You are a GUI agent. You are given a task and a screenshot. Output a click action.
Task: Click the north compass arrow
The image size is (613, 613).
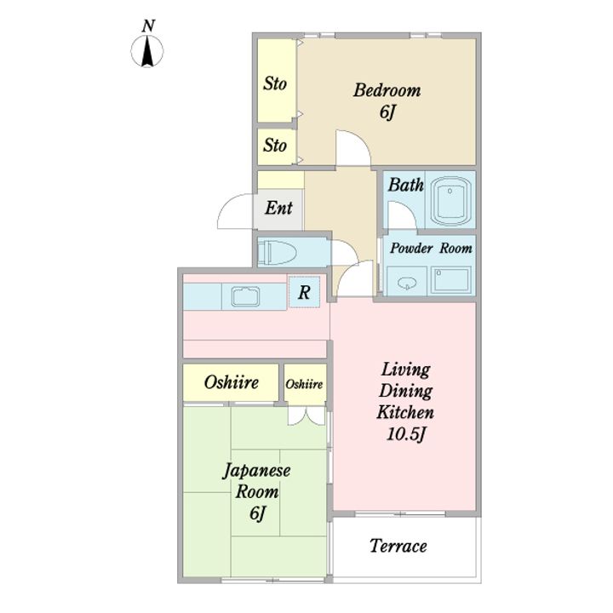147,51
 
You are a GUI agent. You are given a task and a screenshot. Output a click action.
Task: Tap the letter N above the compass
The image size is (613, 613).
148,26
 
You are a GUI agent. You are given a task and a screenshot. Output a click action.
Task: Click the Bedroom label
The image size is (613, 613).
387,90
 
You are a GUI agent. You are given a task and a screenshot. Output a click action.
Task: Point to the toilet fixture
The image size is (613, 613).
277,252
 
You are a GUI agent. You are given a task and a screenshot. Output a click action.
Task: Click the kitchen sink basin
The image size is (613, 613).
245,297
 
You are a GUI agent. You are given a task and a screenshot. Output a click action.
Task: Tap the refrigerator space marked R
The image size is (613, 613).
304,292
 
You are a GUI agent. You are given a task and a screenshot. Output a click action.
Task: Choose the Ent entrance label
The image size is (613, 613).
278,208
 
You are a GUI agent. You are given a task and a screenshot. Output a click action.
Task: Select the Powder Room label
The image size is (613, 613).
431,249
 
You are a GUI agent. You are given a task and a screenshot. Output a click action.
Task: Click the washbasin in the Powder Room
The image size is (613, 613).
407,283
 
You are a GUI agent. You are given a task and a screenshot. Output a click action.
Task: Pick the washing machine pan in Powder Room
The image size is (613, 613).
450,279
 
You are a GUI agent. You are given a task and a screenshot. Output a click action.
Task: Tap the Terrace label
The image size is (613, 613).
398,546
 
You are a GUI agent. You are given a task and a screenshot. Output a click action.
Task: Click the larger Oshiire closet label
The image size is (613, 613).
231,382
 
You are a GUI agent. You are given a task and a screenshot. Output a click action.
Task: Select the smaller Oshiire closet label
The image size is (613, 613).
304,384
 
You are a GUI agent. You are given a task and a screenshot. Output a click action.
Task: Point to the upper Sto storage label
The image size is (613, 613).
275,83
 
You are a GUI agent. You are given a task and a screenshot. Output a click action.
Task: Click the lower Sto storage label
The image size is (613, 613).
275,146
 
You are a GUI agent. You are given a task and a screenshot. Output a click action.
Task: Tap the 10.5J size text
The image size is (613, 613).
406,434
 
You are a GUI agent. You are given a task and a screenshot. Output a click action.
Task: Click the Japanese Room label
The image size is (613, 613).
257,481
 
